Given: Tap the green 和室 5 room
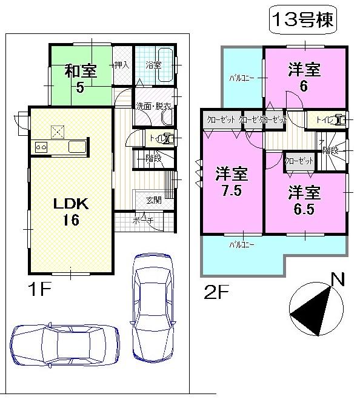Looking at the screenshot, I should point(81,78).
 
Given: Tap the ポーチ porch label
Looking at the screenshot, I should point(142,221).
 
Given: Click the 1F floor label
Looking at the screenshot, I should point(37,289).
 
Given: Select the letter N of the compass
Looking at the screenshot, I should point(338,280).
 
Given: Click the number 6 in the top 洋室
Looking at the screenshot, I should point(304,85).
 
